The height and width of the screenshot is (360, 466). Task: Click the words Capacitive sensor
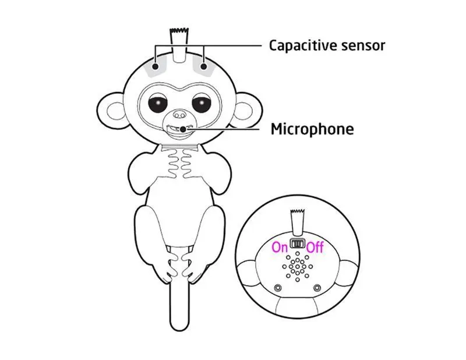coord(326,45)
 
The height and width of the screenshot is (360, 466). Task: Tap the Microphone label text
coord(312,129)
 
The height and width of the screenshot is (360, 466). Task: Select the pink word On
coord(280,247)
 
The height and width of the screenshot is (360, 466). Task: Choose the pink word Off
coord(315,247)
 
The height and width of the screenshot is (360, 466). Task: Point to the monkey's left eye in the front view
coord(158,105)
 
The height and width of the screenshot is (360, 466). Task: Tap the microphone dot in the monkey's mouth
coord(183,129)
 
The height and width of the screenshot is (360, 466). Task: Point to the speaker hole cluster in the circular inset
coord(298,267)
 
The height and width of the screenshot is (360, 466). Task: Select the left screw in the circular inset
coord(278,288)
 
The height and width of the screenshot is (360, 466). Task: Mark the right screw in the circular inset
coord(317,288)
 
